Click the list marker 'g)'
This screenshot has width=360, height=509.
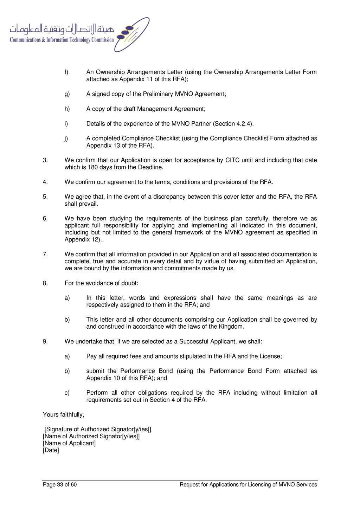coord(67,94)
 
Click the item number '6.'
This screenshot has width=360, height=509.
coord(45,219)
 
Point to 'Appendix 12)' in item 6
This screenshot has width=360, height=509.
coord(83,240)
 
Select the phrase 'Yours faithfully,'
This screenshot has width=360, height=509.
coord(64,415)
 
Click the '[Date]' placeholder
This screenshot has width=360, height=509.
coord(51,450)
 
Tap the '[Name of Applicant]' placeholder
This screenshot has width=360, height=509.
coord(69,443)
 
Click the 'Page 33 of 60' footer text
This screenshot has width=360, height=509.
coord(60,485)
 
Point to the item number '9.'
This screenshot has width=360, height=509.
coord(45,342)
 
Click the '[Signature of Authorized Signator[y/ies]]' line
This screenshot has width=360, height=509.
coord(98,429)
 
